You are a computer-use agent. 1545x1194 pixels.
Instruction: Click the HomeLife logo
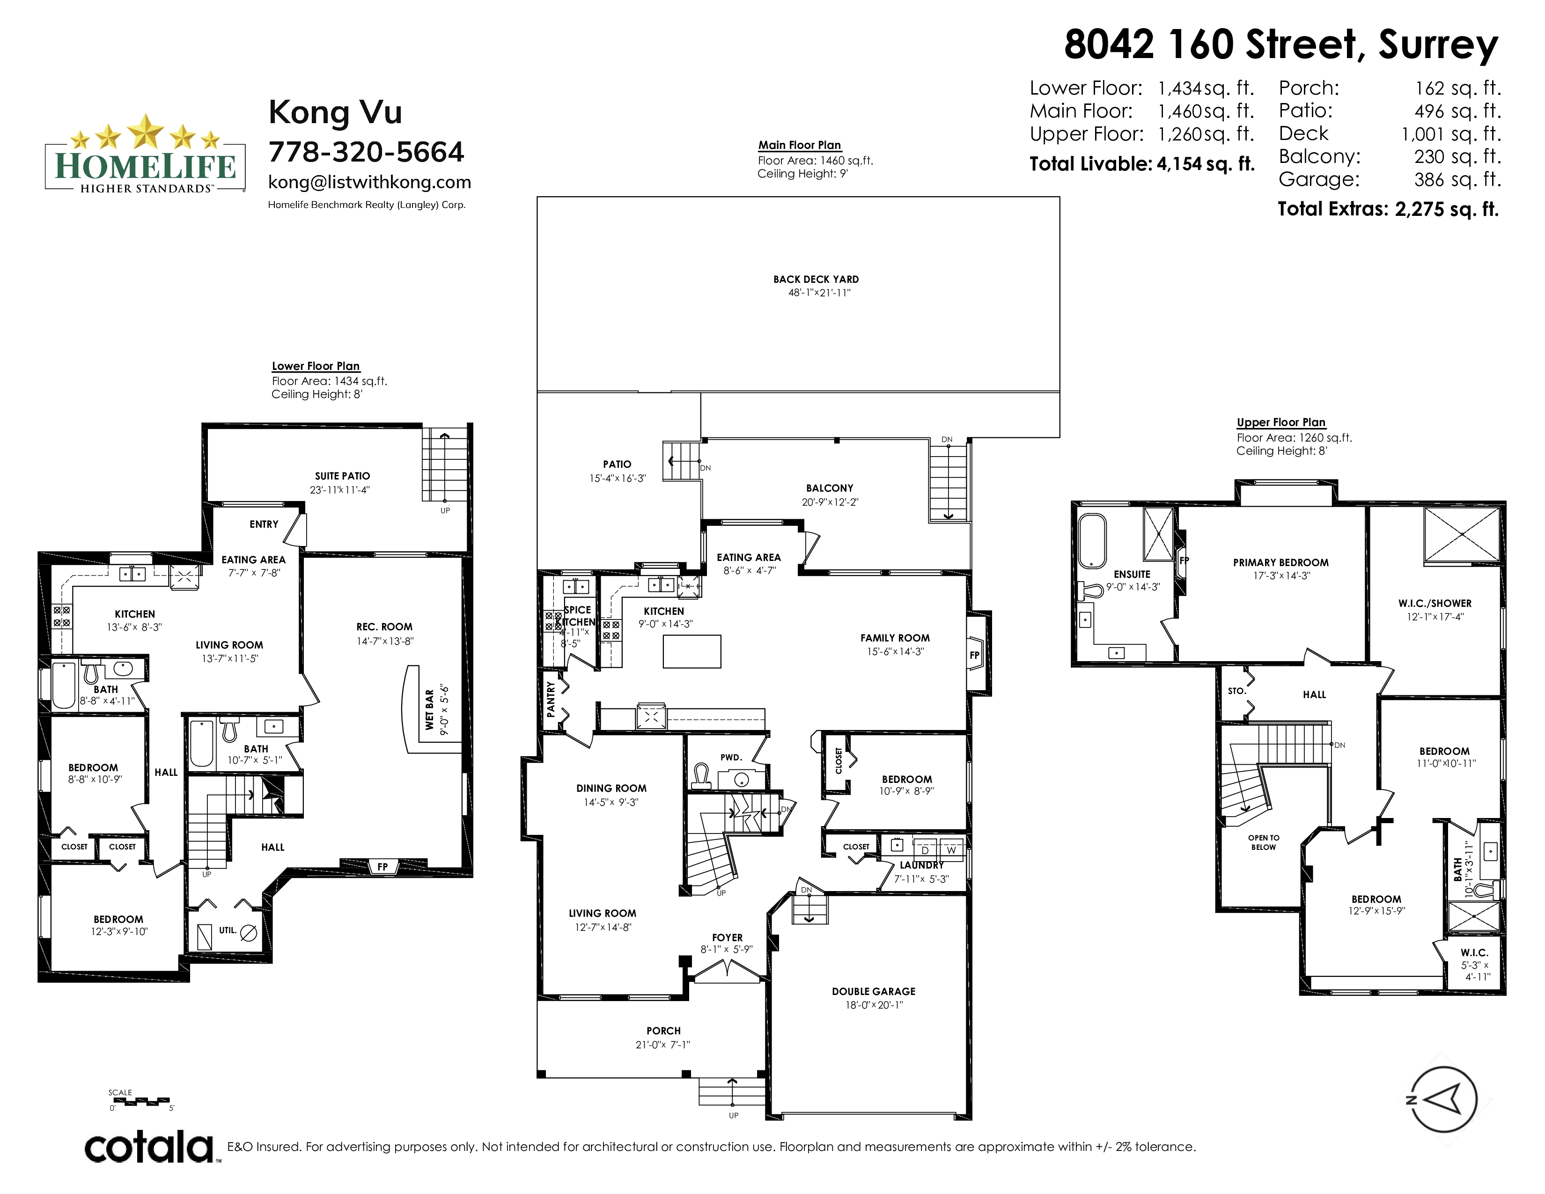tap(145, 154)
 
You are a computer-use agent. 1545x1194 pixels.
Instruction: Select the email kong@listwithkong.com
tap(369, 183)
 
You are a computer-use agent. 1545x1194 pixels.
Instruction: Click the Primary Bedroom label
tap(1280, 562)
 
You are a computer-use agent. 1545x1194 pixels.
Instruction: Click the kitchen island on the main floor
tap(692, 651)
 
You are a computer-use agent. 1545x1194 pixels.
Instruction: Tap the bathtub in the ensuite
tap(1091, 541)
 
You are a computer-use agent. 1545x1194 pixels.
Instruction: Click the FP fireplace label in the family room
tap(975, 655)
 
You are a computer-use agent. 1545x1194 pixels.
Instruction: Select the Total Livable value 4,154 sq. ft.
tap(1206, 164)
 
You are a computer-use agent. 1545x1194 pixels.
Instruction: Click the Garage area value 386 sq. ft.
tap(1457, 180)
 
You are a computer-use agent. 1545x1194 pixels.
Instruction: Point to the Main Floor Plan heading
tap(799, 145)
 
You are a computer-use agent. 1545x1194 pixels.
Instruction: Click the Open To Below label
tap(1264, 842)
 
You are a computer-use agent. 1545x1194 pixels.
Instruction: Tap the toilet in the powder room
tap(701, 776)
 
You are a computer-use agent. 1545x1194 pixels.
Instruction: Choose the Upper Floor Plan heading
tap(1281, 422)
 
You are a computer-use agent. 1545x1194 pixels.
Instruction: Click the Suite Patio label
tap(342, 476)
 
